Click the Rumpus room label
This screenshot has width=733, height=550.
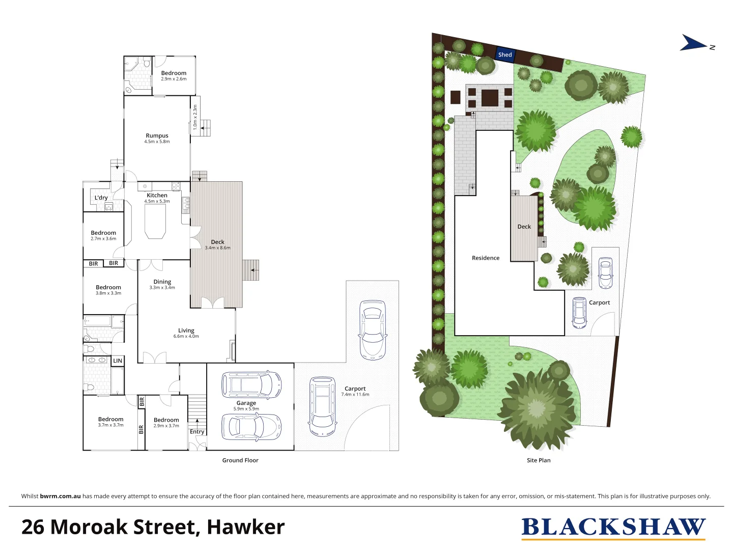(157, 138)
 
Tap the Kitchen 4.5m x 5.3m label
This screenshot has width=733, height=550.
(157, 198)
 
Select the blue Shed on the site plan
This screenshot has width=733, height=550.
(505, 54)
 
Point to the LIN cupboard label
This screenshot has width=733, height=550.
(118, 361)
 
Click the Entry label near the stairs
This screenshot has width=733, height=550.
(197, 431)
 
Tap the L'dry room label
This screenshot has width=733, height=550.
(101, 198)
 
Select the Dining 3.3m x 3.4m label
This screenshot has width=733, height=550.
(162, 284)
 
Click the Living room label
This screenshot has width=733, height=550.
(186, 333)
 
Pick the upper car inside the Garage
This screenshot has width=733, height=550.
(251, 384)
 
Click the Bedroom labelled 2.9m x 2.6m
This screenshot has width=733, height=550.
(174, 75)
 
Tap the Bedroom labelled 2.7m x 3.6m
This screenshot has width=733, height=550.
(103, 235)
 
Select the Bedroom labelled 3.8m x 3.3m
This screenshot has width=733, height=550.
(108, 290)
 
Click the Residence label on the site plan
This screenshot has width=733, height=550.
(486, 258)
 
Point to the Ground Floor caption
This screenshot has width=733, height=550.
(240, 460)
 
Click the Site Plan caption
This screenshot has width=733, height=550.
(539, 460)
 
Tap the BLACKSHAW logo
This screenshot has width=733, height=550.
(613, 528)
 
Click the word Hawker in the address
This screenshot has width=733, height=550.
(245, 527)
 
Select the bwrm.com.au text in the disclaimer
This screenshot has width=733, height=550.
(60, 496)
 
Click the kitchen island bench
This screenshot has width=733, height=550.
(155, 222)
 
